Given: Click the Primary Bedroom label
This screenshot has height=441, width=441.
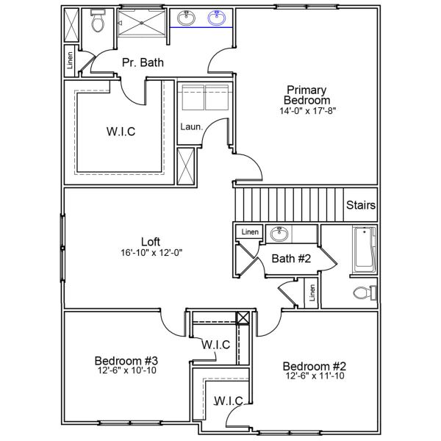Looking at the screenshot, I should click(308, 94).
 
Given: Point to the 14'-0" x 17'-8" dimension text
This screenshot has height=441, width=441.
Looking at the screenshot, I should click(308, 111).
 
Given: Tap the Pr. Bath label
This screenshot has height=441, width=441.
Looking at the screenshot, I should click(143, 63).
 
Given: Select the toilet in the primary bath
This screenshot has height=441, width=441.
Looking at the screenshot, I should click(97, 24).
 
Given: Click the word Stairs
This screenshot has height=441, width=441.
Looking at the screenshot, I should click(361, 205).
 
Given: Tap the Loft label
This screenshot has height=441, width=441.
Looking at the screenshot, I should click(151, 241).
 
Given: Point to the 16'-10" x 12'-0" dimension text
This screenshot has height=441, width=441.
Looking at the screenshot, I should click(151, 252).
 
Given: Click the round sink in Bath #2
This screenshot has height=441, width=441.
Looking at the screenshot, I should click(279, 234).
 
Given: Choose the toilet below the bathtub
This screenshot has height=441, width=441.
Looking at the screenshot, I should click(363, 293).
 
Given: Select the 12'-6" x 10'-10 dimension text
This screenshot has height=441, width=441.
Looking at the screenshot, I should click(126, 370).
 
